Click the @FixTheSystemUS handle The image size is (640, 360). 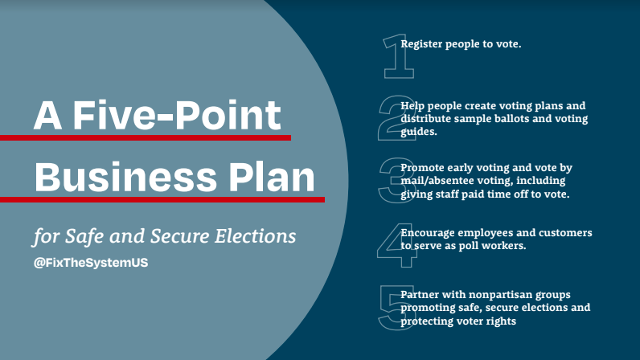[x=91, y=263]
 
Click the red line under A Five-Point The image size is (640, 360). [x=145, y=138]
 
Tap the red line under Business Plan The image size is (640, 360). [x=161, y=198]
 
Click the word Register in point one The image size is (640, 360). [x=422, y=43]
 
